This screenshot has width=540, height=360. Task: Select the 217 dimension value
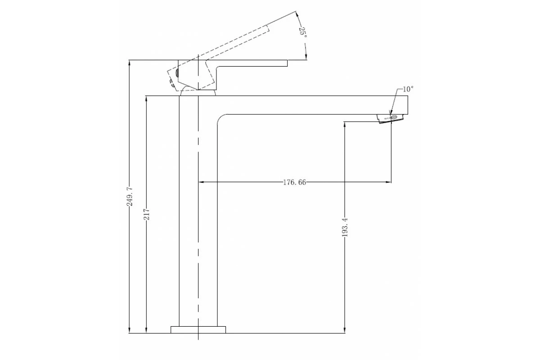click(x=147, y=214)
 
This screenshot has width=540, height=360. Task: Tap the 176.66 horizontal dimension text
click(x=295, y=182)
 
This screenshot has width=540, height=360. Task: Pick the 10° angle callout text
click(x=407, y=89)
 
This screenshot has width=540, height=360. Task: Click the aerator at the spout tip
click(x=390, y=118)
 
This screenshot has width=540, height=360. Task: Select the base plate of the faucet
click(x=198, y=329)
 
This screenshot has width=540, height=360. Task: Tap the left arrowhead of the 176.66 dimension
click(x=201, y=182)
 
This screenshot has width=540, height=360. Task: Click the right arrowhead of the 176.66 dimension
click(x=388, y=182)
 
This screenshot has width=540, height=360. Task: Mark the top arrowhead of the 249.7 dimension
click(x=130, y=62)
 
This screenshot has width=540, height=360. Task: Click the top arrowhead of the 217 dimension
click(x=147, y=98)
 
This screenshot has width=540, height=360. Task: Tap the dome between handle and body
click(x=198, y=93)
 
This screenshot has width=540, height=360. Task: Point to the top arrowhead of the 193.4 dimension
click(x=345, y=124)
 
